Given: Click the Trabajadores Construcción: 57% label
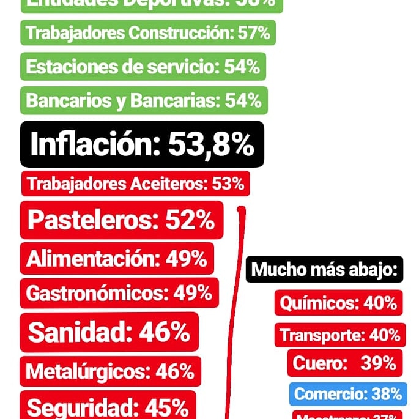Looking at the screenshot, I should click(148, 33).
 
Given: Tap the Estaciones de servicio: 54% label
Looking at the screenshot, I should click(143, 67).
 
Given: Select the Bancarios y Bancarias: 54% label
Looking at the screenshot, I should click(144, 100).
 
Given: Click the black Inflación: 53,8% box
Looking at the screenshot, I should click(142, 144).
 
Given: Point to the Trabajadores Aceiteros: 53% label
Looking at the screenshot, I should click(135, 184).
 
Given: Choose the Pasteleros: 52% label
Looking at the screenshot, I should click(121, 220).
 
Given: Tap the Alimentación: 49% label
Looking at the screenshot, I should click(117, 258).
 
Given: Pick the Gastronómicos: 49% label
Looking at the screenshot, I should click(119, 293).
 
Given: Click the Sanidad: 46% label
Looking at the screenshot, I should click(109, 332).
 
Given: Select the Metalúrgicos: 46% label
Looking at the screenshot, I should click(110, 371).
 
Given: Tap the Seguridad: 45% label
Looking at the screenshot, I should click(108, 406).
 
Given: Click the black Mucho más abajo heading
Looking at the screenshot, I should click(324, 269).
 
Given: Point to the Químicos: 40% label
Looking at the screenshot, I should click(338, 302).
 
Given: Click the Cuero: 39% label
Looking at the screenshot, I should click(344, 363).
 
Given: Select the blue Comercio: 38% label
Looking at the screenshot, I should click(347, 394).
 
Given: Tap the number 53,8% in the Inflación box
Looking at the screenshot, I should click(210, 144).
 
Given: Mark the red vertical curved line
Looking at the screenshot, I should click(234, 318).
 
